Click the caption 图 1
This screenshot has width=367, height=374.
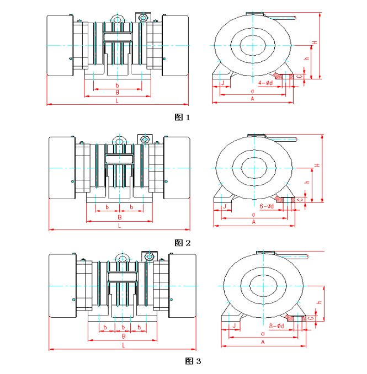(x=182, y=117)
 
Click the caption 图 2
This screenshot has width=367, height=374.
(x=182, y=243)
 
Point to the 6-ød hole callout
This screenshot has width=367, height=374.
(x=267, y=206)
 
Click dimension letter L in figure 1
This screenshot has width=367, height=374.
(x=117, y=101)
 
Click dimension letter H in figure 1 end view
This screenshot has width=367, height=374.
(x=315, y=43)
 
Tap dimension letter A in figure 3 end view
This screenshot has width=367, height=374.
(x=263, y=343)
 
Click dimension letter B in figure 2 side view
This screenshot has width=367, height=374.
(x=119, y=218)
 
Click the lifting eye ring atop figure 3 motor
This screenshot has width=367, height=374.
(x=122, y=257)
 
